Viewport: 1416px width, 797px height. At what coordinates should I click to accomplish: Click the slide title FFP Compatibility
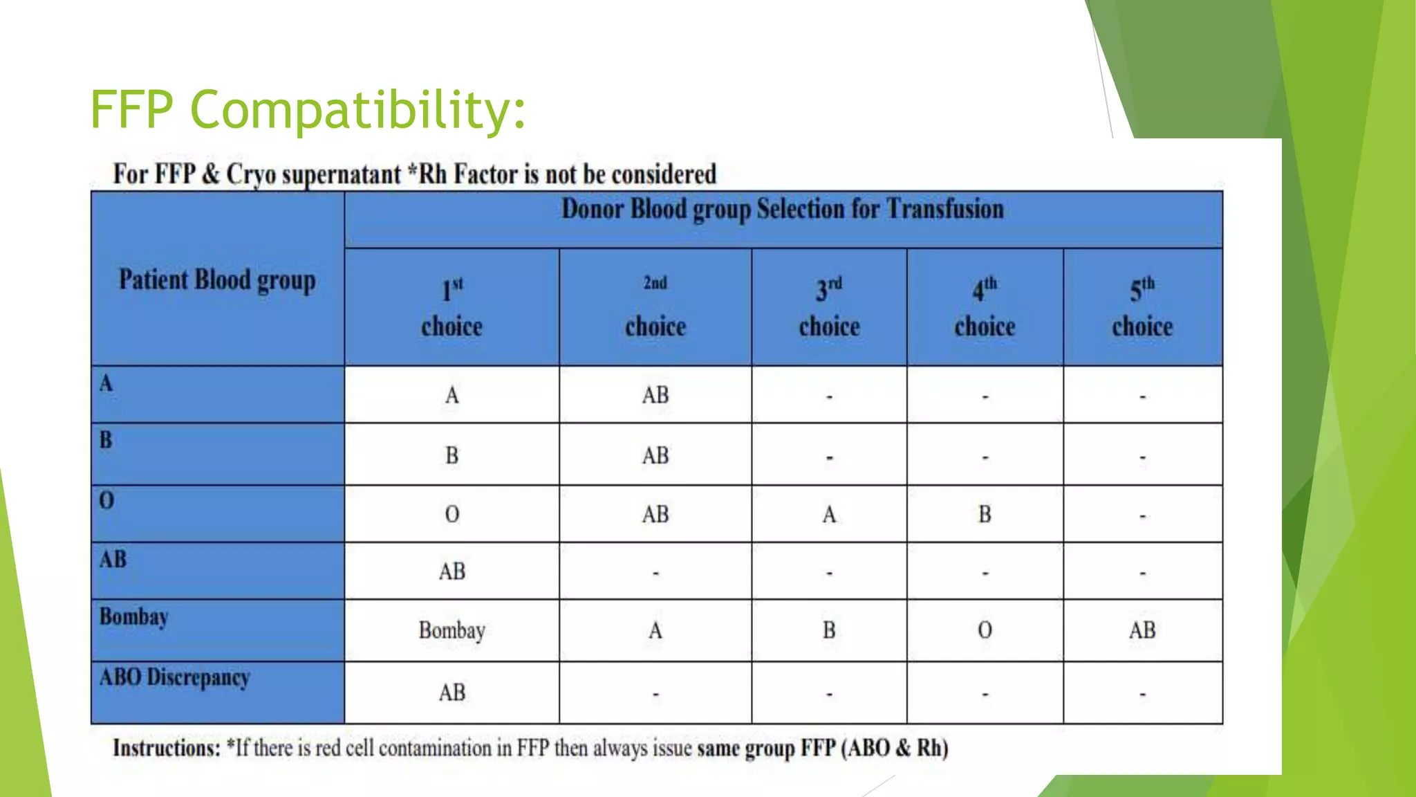pos(308,109)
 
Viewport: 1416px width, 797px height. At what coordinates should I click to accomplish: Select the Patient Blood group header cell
pos(217,280)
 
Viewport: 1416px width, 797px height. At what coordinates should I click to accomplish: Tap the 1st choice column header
pos(451,307)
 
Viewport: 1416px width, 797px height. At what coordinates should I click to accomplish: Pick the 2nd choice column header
pos(655,307)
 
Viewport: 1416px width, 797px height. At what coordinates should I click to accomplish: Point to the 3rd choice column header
pos(829,307)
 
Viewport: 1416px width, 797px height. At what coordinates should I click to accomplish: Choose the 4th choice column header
pos(985,307)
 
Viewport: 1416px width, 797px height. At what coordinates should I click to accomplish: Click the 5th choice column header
pos(1142,307)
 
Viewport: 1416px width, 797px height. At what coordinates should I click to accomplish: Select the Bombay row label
pos(134,616)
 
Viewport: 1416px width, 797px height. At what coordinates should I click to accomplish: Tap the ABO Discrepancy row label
pos(174,677)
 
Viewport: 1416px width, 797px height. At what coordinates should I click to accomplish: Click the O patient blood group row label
pos(106,500)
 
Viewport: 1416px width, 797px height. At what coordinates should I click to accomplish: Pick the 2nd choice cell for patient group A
pos(655,395)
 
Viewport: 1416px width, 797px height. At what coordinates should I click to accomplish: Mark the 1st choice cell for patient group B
pos(451,455)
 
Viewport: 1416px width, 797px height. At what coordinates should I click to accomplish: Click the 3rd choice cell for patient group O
pos(829,514)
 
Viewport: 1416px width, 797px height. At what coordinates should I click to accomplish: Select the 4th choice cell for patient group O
pos(985,514)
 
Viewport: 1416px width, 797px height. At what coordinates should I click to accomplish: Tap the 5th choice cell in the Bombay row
pos(1142,630)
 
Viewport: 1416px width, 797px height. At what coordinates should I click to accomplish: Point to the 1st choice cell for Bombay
pos(451,630)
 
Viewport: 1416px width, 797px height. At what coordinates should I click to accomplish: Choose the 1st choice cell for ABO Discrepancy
pos(451,693)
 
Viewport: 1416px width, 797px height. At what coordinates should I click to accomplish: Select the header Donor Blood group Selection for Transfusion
pos(782,210)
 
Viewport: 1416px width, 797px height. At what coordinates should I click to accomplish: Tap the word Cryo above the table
pos(251,174)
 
